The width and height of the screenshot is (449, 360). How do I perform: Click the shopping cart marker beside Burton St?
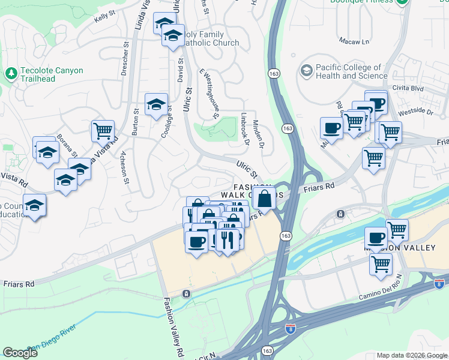(103, 130)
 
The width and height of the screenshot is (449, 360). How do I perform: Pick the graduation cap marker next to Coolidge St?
(156, 104)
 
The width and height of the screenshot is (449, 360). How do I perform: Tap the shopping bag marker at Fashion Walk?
(264, 197)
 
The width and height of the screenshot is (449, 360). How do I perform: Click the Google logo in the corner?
(20, 353)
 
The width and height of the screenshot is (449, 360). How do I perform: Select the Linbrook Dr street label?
(245, 129)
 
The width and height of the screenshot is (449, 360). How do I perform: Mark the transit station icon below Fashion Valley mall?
(187, 293)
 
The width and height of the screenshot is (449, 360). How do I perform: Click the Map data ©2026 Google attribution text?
(411, 355)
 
